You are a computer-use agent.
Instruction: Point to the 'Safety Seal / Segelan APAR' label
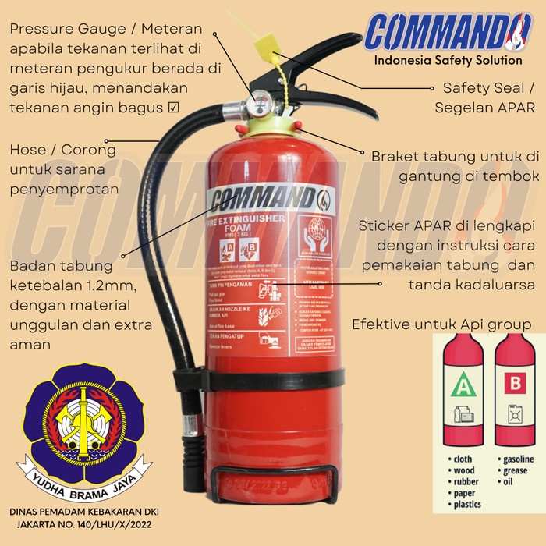click(x=484, y=97)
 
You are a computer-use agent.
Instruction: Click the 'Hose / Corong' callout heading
click(x=63, y=150)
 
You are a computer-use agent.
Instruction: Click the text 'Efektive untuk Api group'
click(x=441, y=323)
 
